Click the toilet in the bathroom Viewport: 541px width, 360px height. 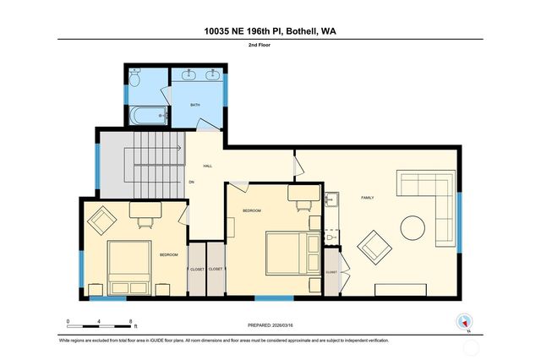click(135, 79)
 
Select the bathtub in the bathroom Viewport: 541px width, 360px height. click(147, 115)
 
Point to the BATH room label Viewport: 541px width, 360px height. click(194, 106)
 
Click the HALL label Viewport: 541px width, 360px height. click(207, 166)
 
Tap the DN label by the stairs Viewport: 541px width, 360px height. click(192, 182)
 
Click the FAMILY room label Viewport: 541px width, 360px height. click(368, 198)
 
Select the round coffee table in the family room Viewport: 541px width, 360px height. click(413, 228)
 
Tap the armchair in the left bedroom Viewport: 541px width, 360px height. click(103, 220)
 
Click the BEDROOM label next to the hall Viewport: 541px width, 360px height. click(251, 210)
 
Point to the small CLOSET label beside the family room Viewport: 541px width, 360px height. click(331, 272)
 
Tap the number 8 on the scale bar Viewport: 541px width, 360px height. click(130, 322)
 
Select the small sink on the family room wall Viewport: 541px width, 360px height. click(331, 200)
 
